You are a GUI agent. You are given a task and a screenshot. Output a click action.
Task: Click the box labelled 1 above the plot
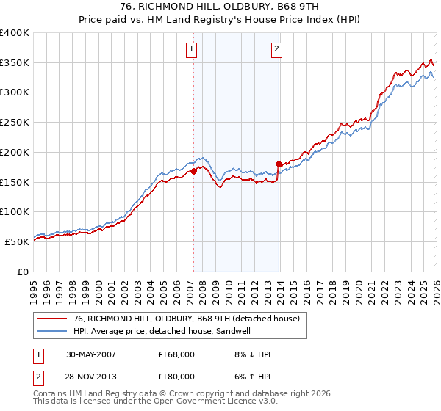191,49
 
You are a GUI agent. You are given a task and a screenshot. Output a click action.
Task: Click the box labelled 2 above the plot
277,49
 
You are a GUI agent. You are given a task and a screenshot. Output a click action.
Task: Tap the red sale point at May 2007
193,171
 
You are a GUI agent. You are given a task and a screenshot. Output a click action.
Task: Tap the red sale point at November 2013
279,164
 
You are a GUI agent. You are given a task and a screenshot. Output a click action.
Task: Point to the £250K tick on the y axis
15,123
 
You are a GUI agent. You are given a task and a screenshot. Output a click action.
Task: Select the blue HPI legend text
170,332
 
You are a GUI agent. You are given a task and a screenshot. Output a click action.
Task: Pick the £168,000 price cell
176,354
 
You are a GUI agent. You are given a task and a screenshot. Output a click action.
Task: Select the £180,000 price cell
176,377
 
